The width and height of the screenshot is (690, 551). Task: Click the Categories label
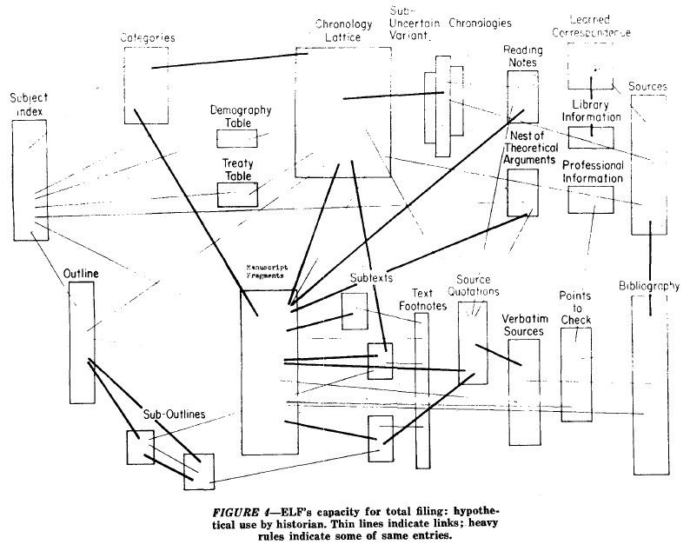pyautogui.click(x=147, y=38)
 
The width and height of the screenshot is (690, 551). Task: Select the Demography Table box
pyautogui.click(x=237, y=139)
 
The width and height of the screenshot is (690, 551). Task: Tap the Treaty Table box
pyautogui.click(x=237, y=195)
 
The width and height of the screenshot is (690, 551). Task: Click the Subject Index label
pyautogui.click(x=29, y=105)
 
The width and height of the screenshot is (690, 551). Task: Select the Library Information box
pyautogui.click(x=591, y=137)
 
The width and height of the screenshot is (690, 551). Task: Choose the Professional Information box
pyautogui.click(x=591, y=200)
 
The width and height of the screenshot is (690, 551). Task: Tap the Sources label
pyautogui.click(x=648, y=87)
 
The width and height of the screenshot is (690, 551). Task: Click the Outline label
pyautogui.click(x=81, y=274)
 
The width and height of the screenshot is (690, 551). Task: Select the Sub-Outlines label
pyautogui.click(x=174, y=415)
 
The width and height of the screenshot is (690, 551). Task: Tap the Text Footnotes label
pyautogui.click(x=421, y=298)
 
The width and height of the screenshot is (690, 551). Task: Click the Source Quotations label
pyautogui.click(x=474, y=284)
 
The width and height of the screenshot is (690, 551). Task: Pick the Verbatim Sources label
pyautogui.click(x=523, y=325)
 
